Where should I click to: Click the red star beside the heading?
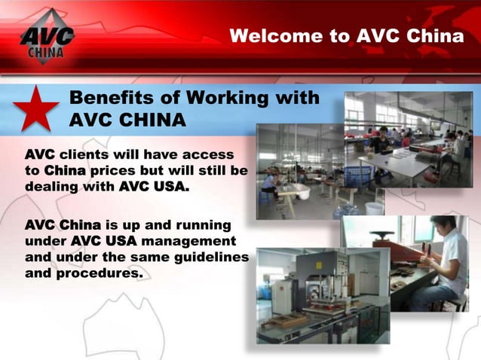pyautogui.click(x=36, y=110)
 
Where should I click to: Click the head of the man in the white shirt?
pyautogui.click(x=434, y=227)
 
